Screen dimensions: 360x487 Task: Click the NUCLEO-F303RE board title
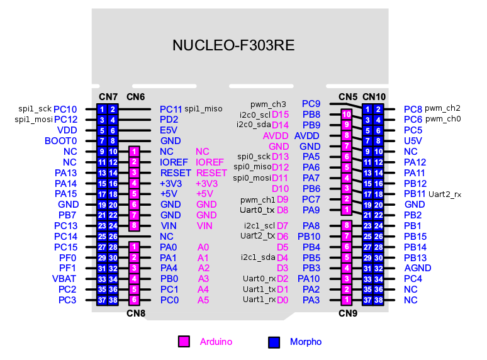point(233,46)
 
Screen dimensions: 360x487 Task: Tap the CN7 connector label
point(108,97)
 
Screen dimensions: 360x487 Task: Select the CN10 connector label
point(374,97)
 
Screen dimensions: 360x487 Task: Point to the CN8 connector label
point(135,313)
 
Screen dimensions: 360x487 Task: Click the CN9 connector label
point(348,313)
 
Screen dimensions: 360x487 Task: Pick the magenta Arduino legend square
point(184,342)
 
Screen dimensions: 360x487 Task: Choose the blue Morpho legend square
point(274,342)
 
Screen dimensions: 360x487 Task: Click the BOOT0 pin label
point(61,141)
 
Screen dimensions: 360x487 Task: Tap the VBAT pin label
point(64,279)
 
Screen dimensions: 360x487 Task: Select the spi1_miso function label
point(203,109)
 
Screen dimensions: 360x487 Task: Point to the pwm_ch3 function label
point(268,104)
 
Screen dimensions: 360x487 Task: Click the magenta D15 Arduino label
point(281,115)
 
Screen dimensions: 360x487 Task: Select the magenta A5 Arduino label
point(203,300)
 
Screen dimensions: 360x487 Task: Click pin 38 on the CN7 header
point(113,300)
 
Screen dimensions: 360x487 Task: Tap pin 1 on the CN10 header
point(368,109)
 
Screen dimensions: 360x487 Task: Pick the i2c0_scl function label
point(255,115)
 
